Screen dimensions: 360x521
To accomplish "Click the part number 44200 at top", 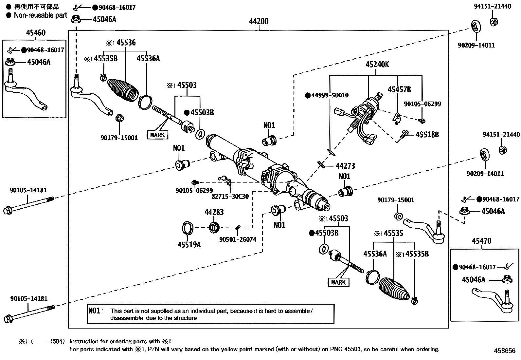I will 259,22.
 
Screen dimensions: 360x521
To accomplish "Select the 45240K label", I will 377,65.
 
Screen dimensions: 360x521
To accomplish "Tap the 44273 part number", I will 345,166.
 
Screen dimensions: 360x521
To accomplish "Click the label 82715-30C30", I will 230,197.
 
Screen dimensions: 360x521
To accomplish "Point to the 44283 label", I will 214,212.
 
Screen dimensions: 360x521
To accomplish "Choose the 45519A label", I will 189,244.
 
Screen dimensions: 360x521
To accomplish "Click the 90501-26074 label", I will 238,239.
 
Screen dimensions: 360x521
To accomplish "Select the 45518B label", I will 427,135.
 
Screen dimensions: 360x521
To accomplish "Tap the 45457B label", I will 399,89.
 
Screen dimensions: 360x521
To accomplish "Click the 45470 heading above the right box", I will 481,241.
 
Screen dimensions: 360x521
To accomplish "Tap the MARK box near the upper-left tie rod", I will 158,135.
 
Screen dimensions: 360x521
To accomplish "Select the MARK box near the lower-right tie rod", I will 338,282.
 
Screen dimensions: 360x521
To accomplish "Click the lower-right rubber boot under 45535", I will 393,289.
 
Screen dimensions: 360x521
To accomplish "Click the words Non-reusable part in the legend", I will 40,15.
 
